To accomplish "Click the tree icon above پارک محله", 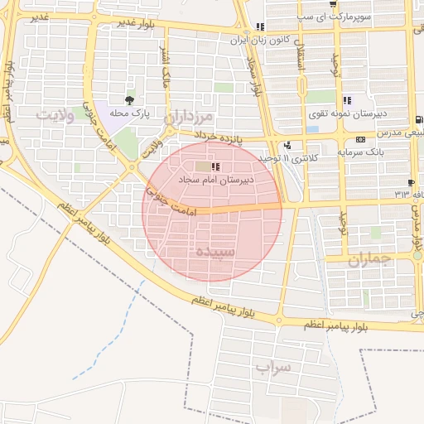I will [127, 100].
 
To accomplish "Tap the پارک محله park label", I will [129, 114].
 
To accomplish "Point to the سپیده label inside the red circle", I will [213, 250].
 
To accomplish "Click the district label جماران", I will [368, 259].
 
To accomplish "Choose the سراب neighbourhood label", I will [275, 365].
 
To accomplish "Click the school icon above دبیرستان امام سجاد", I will [216, 167].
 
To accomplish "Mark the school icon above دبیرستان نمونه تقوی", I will [346, 99].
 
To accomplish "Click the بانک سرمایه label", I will [359, 152].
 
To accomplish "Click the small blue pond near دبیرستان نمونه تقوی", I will [312, 128].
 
